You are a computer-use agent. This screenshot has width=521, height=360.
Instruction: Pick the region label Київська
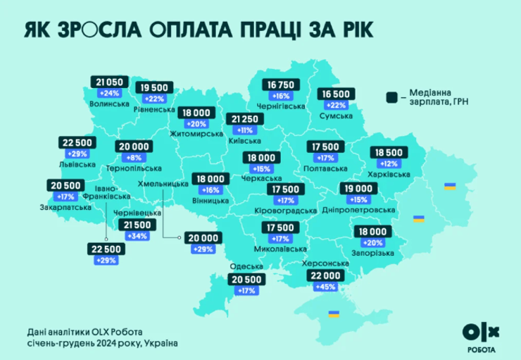(x=243, y=139)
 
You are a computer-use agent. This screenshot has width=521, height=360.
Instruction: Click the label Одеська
(x=244, y=266)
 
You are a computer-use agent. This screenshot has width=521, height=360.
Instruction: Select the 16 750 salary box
(x=282, y=85)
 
